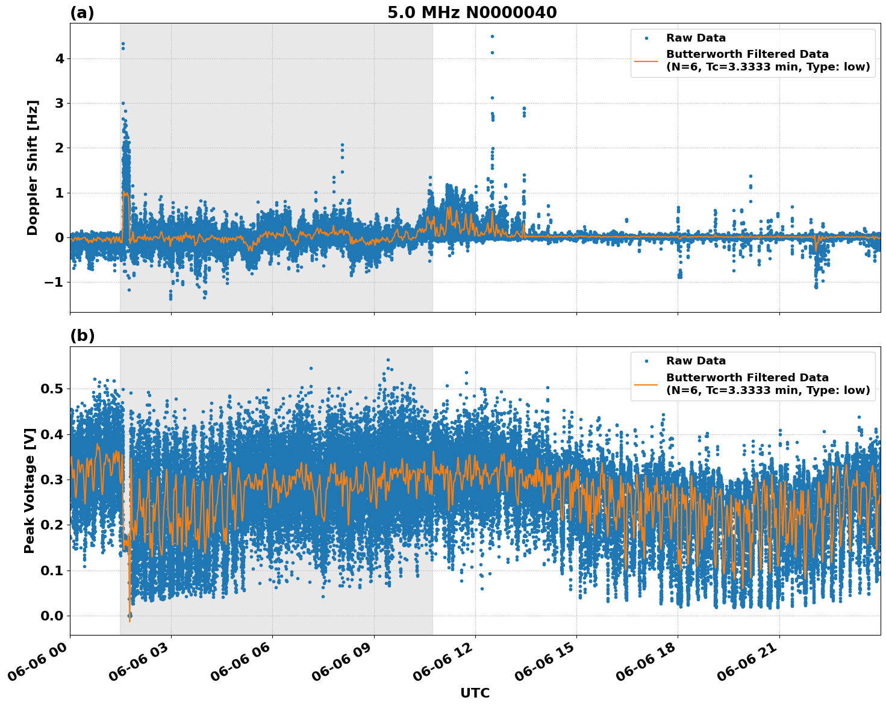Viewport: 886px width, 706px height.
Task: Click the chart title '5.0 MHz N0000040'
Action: [x=472, y=13]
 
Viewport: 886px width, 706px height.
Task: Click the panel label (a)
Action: [x=82, y=13]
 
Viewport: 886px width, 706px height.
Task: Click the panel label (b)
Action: [x=82, y=336]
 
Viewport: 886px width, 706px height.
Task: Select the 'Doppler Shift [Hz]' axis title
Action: [x=33, y=167]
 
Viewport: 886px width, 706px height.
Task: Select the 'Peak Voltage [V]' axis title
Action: [x=30, y=490]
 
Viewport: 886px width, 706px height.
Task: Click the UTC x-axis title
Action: [x=475, y=693]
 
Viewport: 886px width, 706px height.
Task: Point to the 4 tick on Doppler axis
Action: [x=60, y=59]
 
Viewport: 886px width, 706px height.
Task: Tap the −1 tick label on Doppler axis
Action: [x=55, y=282]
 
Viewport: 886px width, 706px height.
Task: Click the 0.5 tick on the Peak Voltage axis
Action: [x=52, y=389]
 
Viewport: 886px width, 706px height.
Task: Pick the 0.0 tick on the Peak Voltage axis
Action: [x=52, y=616]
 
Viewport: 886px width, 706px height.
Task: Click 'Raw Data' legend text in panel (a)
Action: [x=696, y=38]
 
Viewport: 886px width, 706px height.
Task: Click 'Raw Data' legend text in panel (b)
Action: [x=696, y=361]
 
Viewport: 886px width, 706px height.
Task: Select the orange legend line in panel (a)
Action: [x=646, y=60]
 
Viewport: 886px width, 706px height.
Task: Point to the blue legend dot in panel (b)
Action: [x=646, y=361]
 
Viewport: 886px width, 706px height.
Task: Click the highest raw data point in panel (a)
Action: [x=492, y=36]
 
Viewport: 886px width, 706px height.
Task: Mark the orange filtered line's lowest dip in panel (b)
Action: [x=129, y=620]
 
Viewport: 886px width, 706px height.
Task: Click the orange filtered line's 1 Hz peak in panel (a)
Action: [x=123, y=193]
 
